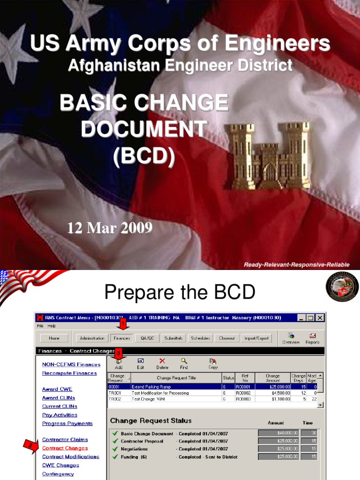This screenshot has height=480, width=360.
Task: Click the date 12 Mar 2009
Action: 110,228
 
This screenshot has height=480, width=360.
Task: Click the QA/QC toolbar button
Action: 147,338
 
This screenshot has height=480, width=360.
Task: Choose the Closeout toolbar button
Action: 227,338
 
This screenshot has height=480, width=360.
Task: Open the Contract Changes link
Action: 65,448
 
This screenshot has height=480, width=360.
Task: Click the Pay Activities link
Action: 60,415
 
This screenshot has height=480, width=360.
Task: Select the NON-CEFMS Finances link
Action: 71,365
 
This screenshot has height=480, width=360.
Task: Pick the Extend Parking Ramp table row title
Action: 151,387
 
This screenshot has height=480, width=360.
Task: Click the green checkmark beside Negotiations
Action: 114,449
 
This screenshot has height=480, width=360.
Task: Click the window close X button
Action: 320,318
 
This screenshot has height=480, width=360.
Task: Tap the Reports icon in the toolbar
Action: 313,338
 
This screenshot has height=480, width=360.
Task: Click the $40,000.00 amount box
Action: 278,434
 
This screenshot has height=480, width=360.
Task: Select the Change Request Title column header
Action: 176,377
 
